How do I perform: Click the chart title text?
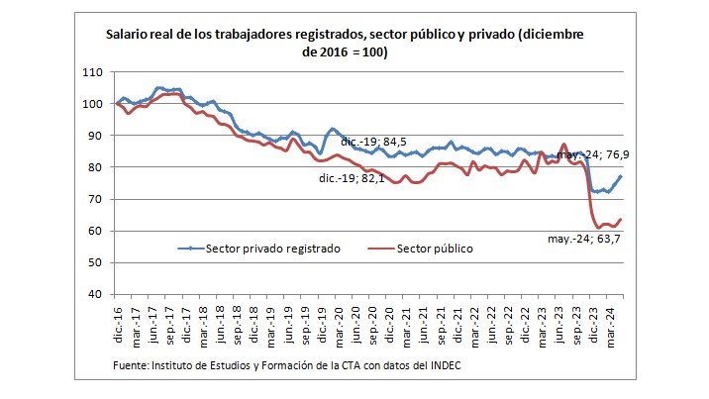346,43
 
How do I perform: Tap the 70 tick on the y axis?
93,199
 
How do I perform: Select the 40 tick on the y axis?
93,294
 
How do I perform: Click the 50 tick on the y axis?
93,262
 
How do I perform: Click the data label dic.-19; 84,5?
374,143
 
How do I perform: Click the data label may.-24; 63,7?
585,239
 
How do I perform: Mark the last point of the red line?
621,219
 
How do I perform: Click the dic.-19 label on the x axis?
323,323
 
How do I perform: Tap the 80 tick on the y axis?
93,167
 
